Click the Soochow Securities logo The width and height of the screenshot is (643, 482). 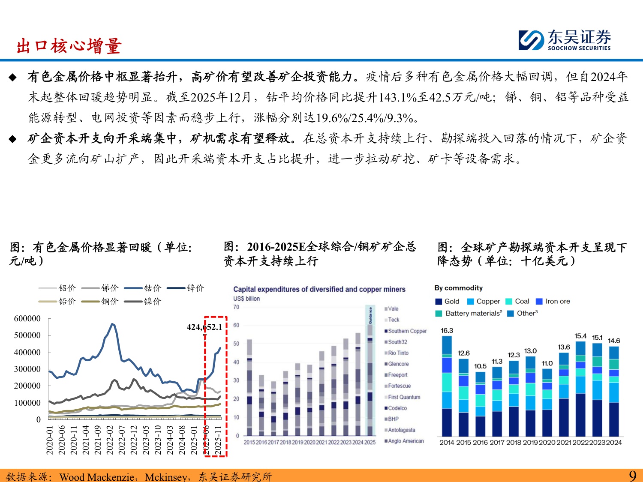coord(565,40)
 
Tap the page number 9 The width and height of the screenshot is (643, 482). coord(632,476)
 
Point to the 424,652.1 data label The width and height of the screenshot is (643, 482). coord(204,327)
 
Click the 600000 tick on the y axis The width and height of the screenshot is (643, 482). coord(27,318)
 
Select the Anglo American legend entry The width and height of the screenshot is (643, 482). coord(406,441)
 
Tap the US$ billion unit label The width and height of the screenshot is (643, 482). coord(246,299)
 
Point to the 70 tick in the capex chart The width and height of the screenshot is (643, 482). coord(236,307)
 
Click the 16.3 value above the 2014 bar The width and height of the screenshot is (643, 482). coord(447,331)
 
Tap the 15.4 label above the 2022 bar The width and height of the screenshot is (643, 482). coord(580,336)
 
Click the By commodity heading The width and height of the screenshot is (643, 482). coord(458,288)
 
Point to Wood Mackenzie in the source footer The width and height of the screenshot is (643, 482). coord(97,476)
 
